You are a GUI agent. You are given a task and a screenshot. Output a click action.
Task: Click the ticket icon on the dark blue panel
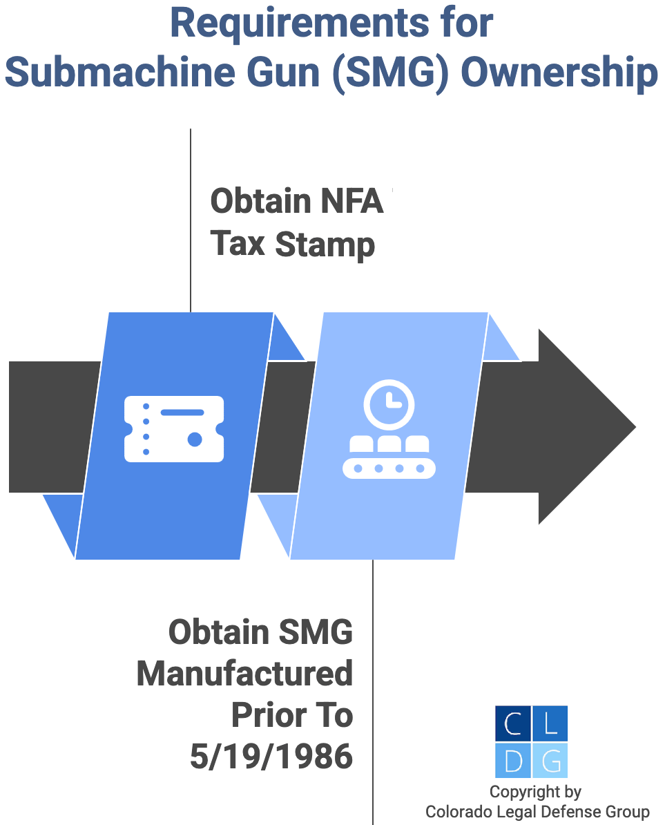coord(174,428)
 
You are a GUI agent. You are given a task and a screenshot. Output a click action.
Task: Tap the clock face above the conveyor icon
coord(389,404)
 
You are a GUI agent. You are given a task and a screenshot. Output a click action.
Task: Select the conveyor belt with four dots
coord(389,468)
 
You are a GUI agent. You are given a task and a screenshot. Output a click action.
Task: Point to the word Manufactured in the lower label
coord(245,674)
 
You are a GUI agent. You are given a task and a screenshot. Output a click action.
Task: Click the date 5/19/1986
coord(271,757)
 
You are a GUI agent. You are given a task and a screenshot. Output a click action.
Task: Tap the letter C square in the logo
coord(513,723)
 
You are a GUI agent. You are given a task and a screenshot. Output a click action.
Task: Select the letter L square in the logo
coord(550,723)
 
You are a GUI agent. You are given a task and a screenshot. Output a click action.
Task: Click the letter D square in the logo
coord(513,761)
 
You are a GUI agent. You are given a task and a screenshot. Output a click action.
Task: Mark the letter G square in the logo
coord(550,761)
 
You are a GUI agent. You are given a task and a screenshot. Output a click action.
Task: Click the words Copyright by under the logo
coord(535,792)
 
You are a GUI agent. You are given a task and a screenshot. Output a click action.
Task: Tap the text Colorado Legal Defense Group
coord(537,812)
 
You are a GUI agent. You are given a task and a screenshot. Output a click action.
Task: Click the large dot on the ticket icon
coord(195,439)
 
